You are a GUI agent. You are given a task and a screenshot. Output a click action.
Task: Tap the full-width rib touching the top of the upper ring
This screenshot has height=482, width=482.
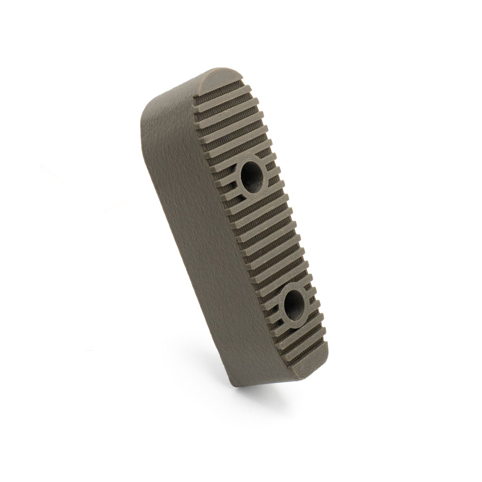tap(247, 152)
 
